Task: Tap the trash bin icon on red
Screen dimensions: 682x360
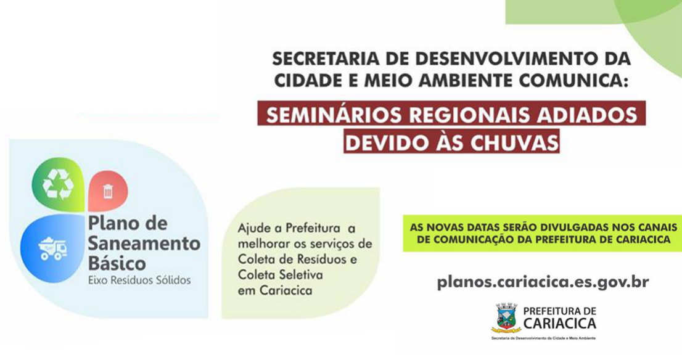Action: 108,191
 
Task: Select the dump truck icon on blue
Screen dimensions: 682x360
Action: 52,248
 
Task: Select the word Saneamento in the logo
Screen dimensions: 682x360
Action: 144,243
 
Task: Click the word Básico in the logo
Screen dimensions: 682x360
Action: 117,263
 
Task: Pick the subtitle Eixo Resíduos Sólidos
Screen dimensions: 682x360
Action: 139,280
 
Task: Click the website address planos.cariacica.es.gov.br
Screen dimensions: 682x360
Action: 543,282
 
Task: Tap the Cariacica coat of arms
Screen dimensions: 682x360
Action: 506,318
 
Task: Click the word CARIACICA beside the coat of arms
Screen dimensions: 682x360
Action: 560,324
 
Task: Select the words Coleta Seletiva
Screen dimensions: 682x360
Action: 280,275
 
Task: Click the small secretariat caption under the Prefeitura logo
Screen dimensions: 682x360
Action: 544,338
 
